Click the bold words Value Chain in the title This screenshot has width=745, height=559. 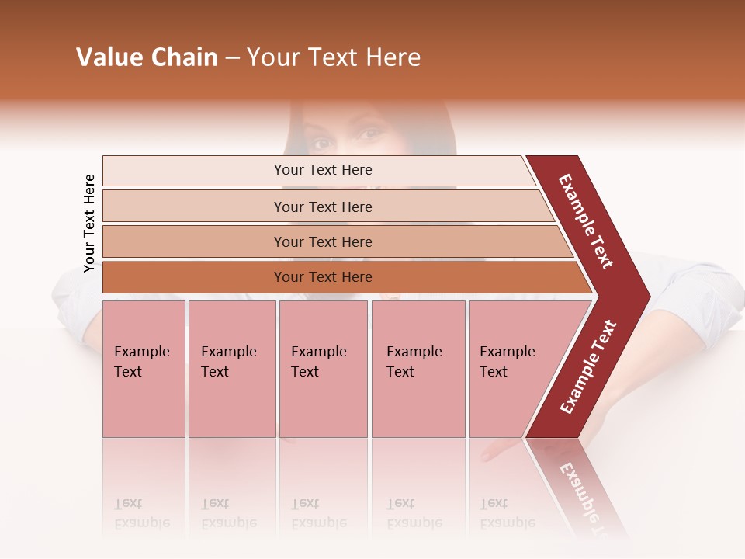pos(147,57)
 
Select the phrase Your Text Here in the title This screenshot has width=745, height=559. pos(334,57)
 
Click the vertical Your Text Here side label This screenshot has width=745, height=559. pos(89,223)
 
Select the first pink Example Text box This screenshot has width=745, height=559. pos(144,369)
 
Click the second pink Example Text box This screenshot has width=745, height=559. pos(231,369)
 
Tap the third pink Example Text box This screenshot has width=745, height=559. pos(323,369)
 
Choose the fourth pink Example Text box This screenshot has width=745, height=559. pos(418,369)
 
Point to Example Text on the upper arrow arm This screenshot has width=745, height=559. pos(586,221)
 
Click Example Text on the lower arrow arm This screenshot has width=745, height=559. pos(588,367)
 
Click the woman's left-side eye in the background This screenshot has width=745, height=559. pos(322,143)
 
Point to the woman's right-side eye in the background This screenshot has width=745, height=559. pos(371,134)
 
